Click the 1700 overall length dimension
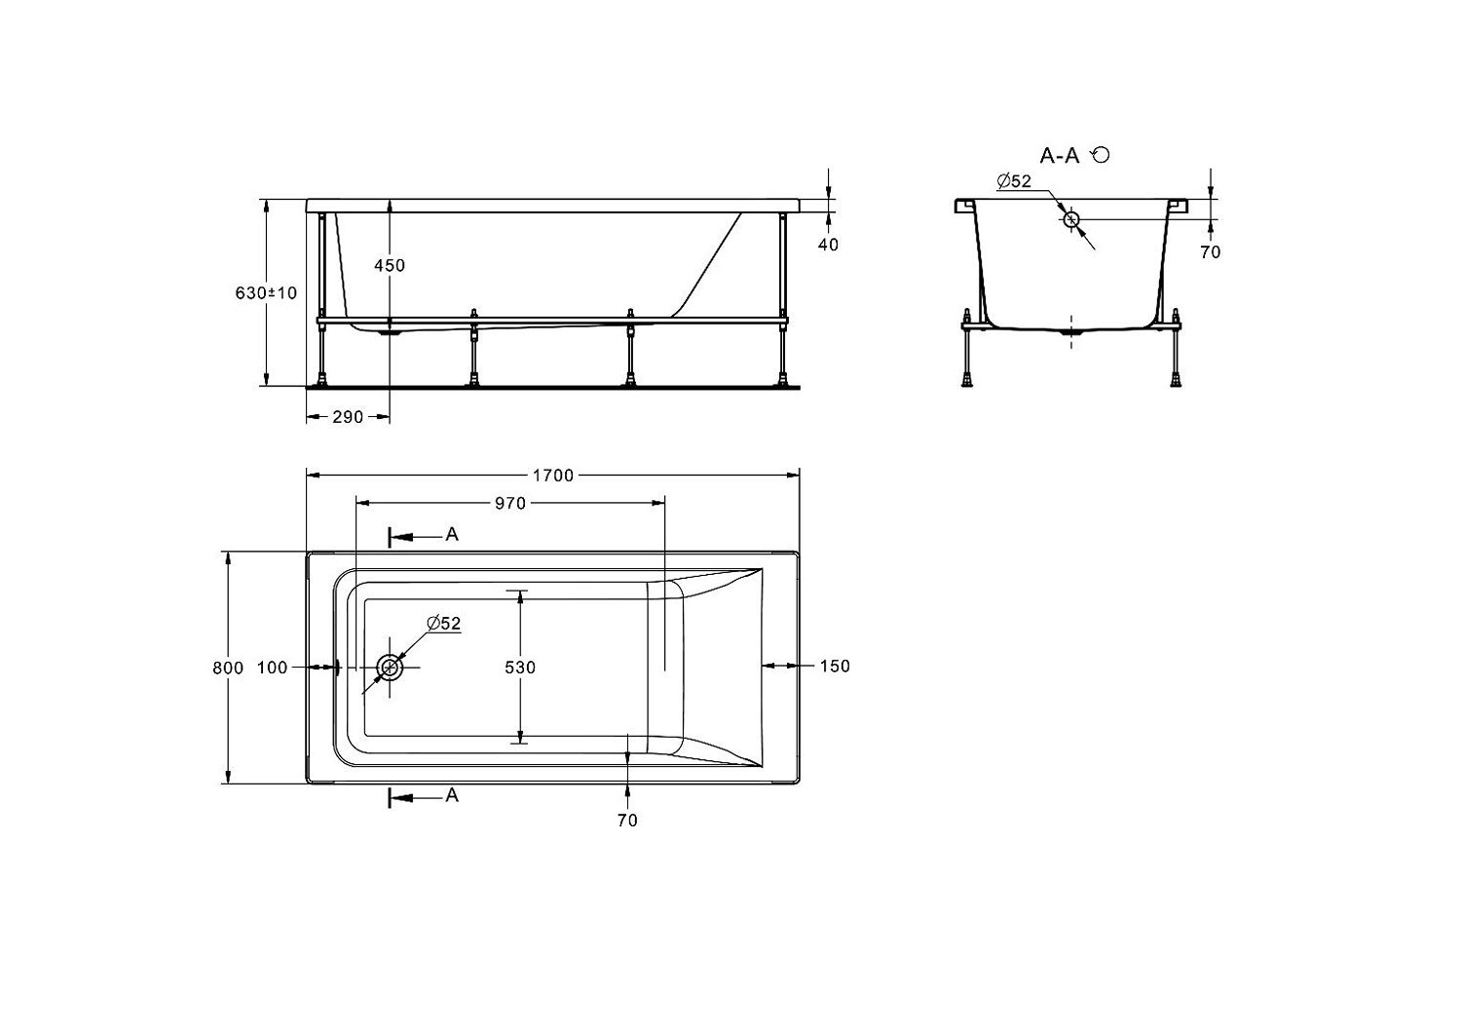pos(553,476)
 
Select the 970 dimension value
pos(510,503)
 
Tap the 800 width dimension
pos(228,668)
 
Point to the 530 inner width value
pos(520,667)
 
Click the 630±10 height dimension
pos(266,293)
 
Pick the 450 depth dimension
pos(390,265)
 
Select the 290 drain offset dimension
pos(348,417)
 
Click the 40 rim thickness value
pos(828,244)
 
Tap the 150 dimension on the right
pos(835,666)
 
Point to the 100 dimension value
pos(272,668)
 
